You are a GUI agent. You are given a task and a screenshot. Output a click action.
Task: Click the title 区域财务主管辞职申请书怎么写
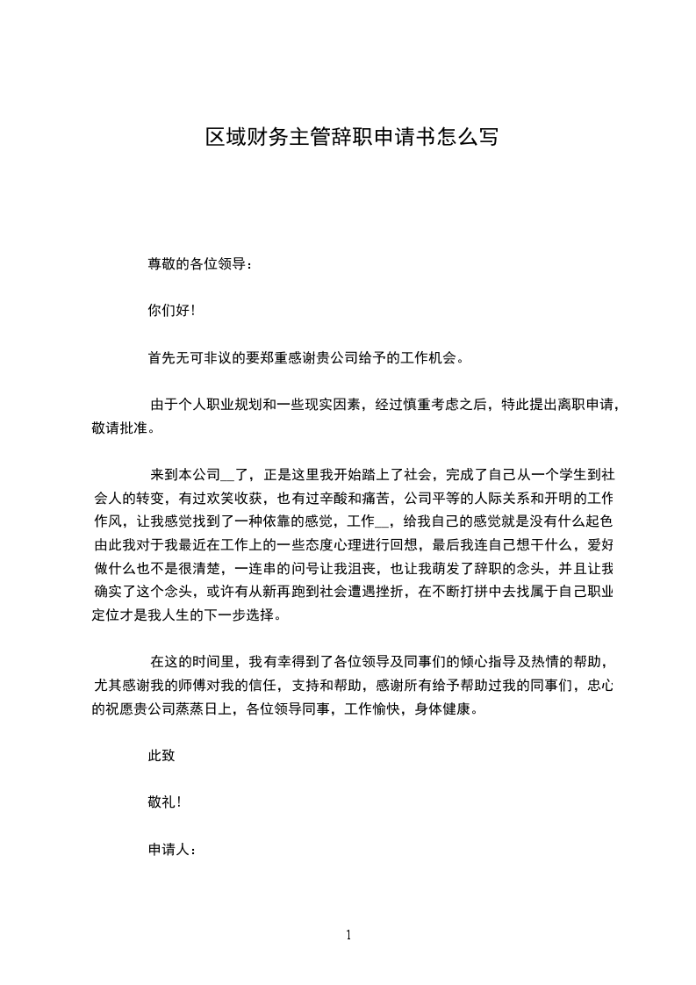tap(352, 138)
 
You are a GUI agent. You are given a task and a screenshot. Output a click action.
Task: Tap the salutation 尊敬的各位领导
tap(200, 263)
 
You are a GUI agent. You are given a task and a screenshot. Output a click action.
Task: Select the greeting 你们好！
tap(171, 310)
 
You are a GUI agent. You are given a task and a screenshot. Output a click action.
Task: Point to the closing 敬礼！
tap(165, 802)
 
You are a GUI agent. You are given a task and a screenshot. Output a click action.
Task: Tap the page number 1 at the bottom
tap(348, 935)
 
